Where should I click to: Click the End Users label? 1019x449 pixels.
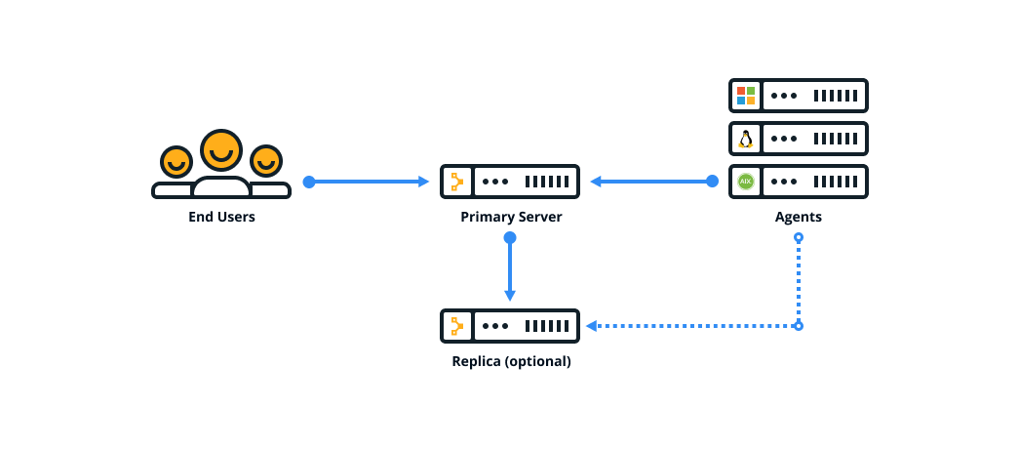pos(221,217)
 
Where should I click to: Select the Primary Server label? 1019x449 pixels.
pos(511,217)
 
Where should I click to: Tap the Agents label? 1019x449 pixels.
pos(798,217)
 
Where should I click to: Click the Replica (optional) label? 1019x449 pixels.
pos(511,361)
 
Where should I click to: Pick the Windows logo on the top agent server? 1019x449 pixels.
pos(746,96)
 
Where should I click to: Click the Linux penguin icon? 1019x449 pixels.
pos(746,139)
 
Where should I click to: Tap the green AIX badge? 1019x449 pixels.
pos(746,182)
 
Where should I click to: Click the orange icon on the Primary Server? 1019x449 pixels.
pos(456,182)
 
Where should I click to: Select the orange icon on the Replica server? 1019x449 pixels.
pos(456,326)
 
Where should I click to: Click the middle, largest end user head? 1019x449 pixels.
pos(221,150)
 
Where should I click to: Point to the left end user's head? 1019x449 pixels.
pos(176,161)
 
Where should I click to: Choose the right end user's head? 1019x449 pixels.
pos(266,160)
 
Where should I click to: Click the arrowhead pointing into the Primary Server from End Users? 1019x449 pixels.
pos(424,182)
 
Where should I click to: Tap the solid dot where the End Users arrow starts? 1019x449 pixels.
pos(309,182)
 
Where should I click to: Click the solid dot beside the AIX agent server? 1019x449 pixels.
pos(712,182)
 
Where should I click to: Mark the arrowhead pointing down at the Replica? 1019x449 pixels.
pos(510,296)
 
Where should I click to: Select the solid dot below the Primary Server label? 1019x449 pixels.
pos(510,238)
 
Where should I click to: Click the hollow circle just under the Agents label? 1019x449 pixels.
pos(799,238)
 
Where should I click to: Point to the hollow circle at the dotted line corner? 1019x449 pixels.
pos(799,326)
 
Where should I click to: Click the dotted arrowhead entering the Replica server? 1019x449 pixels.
pos(591,326)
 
